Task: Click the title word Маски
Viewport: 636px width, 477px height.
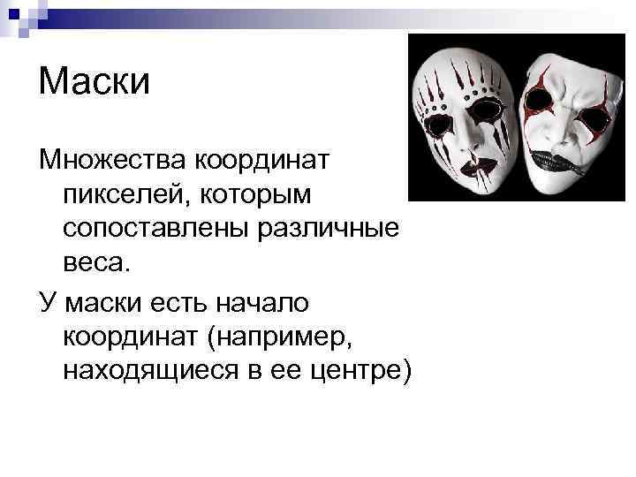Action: pyautogui.click(x=95, y=83)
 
